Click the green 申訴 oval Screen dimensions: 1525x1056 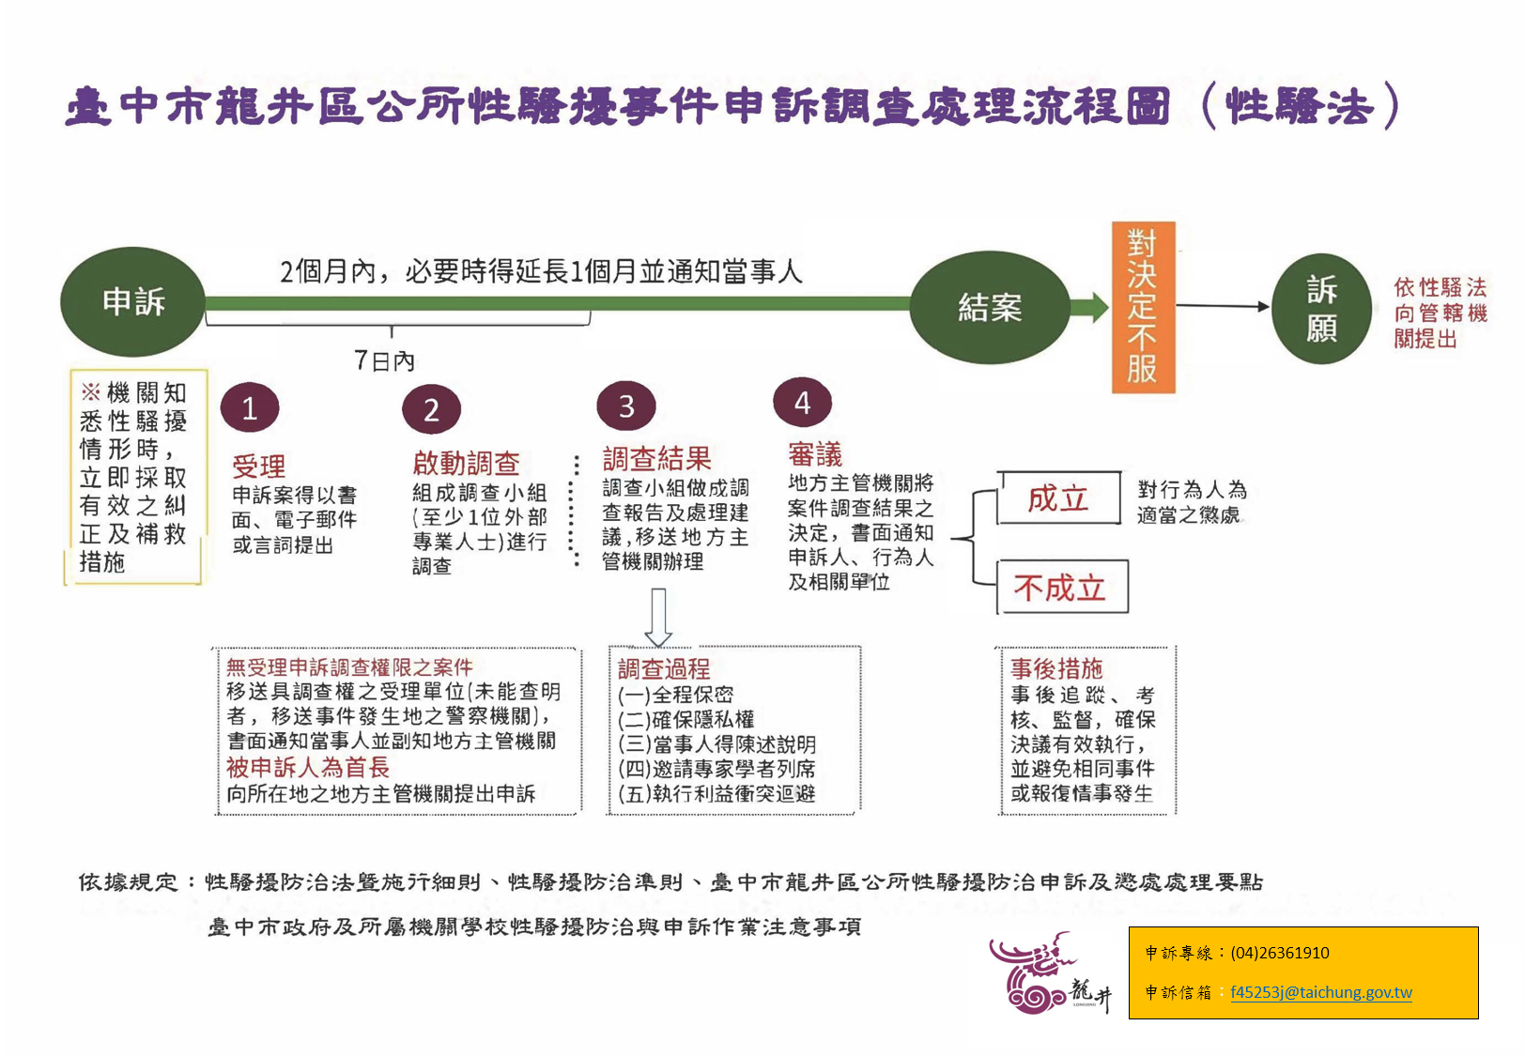[x=132, y=301]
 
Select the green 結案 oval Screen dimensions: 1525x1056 [x=990, y=308]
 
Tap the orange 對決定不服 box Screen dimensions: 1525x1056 [x=1143, y=308]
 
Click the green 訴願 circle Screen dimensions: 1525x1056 [x=1321, y=309]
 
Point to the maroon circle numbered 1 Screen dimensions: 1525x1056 [x=250, y=408]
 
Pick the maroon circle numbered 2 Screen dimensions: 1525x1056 [x=432, y=409]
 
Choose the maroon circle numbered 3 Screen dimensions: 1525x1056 [x=626, y=406]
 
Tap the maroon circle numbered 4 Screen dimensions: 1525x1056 [x=803, y=402]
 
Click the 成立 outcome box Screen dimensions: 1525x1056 [x=1058, y=498]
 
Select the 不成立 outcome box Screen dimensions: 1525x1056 [x=1062, y=588]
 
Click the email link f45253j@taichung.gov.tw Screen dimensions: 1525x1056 [x=1320, y=992]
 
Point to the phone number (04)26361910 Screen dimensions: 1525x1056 [x=1280, y=953]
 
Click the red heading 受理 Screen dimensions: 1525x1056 [x=259, y=467]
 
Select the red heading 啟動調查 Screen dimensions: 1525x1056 [x=467, y=464]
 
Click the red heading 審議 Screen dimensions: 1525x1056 [x=815, y=453]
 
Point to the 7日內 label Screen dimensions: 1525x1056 [x=385, y=360]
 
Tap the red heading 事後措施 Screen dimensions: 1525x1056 [x=1056, y=669]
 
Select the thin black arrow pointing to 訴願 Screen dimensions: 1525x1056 [x=1223, y=306]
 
